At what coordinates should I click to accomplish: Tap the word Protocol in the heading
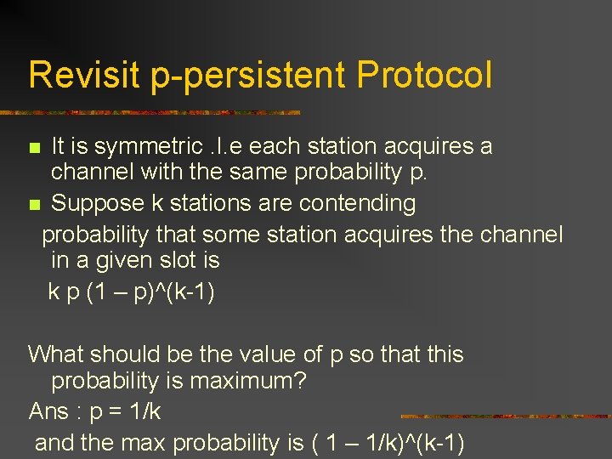point(424,75)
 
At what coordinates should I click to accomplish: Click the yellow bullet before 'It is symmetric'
point(34,148)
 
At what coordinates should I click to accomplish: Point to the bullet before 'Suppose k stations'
point(34,205)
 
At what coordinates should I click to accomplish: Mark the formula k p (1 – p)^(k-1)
point(132,292)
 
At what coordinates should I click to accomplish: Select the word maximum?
point(247,382)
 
